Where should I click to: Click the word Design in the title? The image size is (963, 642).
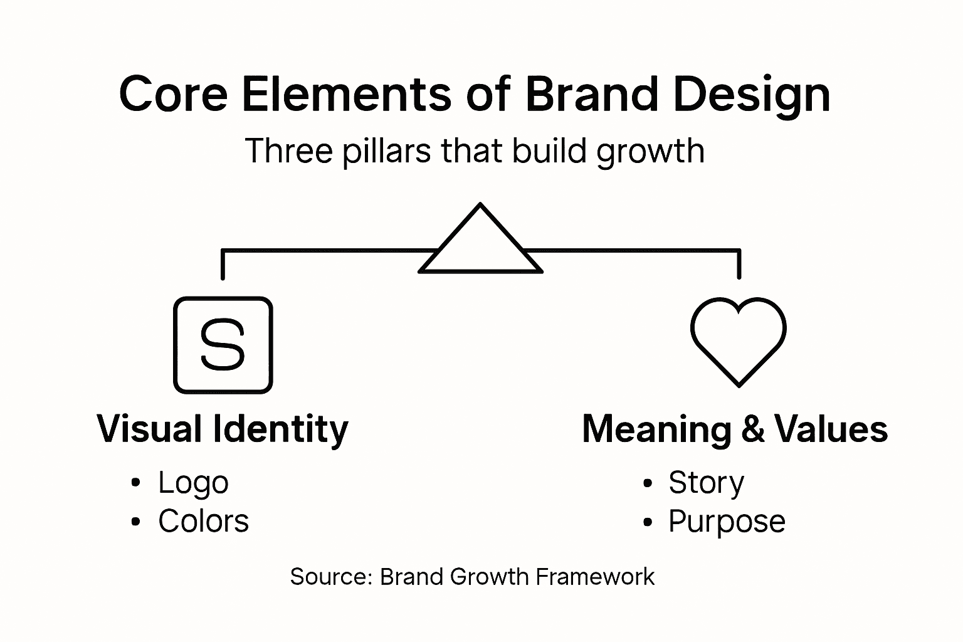coord(752,95)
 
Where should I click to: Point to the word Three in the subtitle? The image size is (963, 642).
coord(289,151)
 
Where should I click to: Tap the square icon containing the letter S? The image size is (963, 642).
coord(223,345)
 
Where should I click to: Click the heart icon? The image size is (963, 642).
coord(738,339)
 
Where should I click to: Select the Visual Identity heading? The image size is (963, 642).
coord(223,429)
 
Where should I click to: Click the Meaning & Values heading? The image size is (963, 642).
coord(735,429)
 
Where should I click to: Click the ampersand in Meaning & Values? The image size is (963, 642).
coord(752,429)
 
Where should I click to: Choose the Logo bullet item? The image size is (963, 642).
coord(193,483)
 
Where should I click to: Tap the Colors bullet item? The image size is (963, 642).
coord(203,521)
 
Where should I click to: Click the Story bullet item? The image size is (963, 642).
coord(706,483)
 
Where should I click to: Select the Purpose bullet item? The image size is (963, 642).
coord(727,522)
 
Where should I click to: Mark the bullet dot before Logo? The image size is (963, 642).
coord(136,483)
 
